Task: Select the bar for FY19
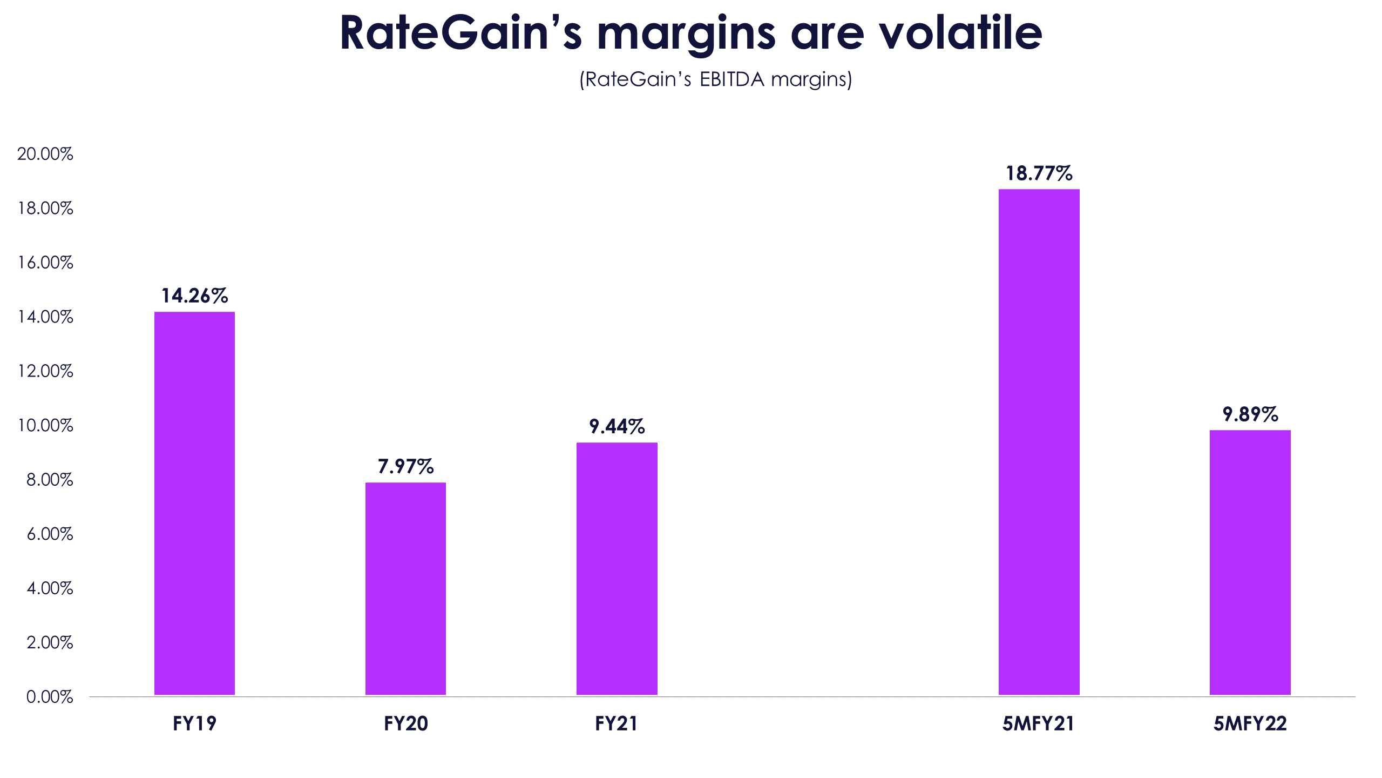coord(194,502)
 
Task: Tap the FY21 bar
coord(617,568)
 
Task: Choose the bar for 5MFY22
coord(1250,562)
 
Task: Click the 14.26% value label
coord(194,296)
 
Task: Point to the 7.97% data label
coord(405,466)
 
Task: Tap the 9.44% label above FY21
coord(617,427)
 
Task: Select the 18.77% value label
coord(1039,173)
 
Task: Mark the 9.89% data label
coord(1250,414)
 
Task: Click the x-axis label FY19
coord(194,723)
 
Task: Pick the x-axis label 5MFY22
coord(1250,723)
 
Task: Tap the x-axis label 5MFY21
coord(1038,723)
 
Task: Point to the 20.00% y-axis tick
coord(45,154)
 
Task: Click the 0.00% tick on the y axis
coord(50,697)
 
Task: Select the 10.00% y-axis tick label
coord(45,426)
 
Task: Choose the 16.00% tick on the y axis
coord(45,263)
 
